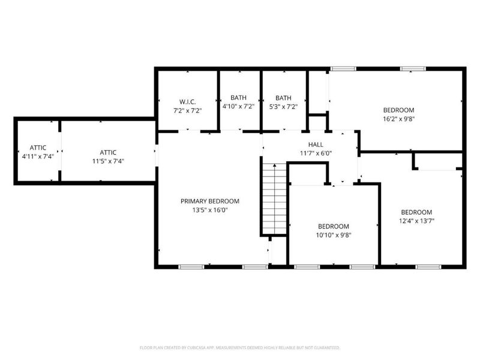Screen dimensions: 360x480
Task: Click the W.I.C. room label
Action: pos(187,102)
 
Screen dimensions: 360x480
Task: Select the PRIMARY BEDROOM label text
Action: pos(210,201)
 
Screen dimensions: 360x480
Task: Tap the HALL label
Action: pos(316,144)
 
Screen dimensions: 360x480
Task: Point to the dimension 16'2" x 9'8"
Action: pos(399,119)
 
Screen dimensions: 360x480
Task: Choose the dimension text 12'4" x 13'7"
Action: pos(416,221)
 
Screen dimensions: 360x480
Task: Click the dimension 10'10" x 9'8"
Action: pos(334,235)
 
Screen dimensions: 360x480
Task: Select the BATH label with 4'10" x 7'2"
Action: pos(239,98)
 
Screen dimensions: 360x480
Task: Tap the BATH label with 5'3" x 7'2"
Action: pos(283,98)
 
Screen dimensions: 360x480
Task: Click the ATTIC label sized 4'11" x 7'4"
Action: pos(38,148)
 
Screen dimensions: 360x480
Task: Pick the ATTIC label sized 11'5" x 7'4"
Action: pos(108,152)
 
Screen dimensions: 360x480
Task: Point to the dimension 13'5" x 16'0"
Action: pos(210,210)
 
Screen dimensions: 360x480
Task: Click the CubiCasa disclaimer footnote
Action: pos(240,347)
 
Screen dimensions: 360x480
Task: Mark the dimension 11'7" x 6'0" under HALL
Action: pos(316,153)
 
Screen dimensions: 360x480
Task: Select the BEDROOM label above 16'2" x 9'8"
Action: pos(399,110)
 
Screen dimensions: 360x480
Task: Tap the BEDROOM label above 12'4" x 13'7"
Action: pos(416,212)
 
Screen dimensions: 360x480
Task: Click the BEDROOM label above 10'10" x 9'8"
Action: pos(334,226)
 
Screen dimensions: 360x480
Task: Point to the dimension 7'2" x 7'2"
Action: pos(187,111)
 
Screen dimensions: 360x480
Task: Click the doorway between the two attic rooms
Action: pos(59,150)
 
